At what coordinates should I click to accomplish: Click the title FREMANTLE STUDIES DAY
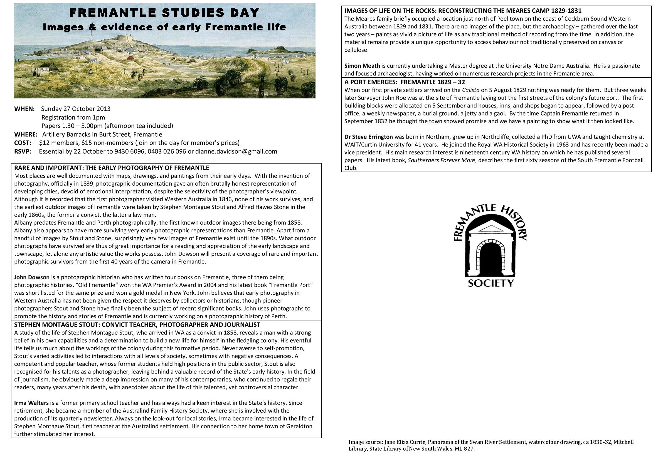click(164, 13)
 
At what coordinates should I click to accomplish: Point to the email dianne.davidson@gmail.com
click(236, 152)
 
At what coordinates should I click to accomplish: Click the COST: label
click(23, 143)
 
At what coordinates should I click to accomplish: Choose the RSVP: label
click(23, 152)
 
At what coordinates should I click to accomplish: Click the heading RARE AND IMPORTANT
click(112, 168)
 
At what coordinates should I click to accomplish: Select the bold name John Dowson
click(32, 277)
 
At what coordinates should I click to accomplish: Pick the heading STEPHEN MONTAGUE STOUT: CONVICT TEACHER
click(137, 325)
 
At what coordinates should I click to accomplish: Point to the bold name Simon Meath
click(362, 66)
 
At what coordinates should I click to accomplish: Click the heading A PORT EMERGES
click(405, 82)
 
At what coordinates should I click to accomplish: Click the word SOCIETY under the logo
click(491, 283)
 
